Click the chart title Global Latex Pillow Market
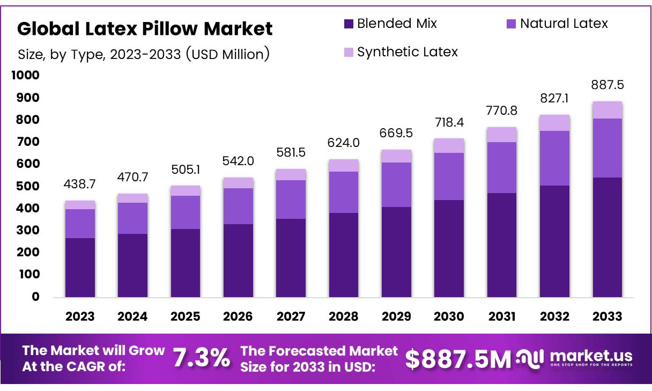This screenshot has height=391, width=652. [145, 29]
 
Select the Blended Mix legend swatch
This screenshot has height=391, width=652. [349, 24]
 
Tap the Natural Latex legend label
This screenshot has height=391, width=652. [564, 24]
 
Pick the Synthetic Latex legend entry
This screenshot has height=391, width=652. [407, 52]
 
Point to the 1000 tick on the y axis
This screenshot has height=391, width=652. [25, 76]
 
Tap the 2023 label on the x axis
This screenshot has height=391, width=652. [80, 316]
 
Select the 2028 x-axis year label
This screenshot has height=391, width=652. [344, 316]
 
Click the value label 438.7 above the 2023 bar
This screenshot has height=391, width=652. [80, 183]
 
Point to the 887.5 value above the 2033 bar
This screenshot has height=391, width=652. [607, 85]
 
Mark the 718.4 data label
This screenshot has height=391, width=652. [449, 123]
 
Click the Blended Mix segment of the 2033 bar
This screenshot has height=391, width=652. [607, 237]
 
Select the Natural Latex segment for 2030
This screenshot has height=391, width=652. [449, 176]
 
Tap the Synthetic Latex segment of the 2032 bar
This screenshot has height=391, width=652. [554, 123]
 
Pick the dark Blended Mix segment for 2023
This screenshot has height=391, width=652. [80, 267]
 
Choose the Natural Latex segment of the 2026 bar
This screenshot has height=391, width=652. [238, 206]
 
